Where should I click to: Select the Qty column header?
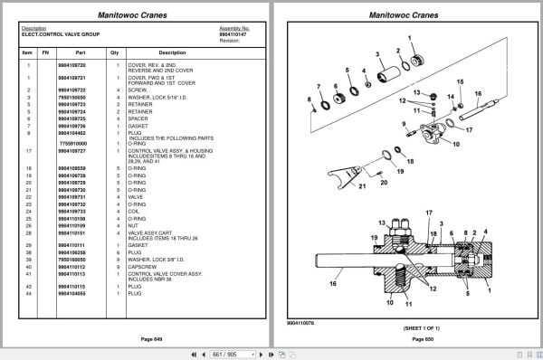(115, 52)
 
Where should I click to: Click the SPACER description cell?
(143, 118)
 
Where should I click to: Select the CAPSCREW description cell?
(147, 267)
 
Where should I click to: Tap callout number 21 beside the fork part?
(337, 188)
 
